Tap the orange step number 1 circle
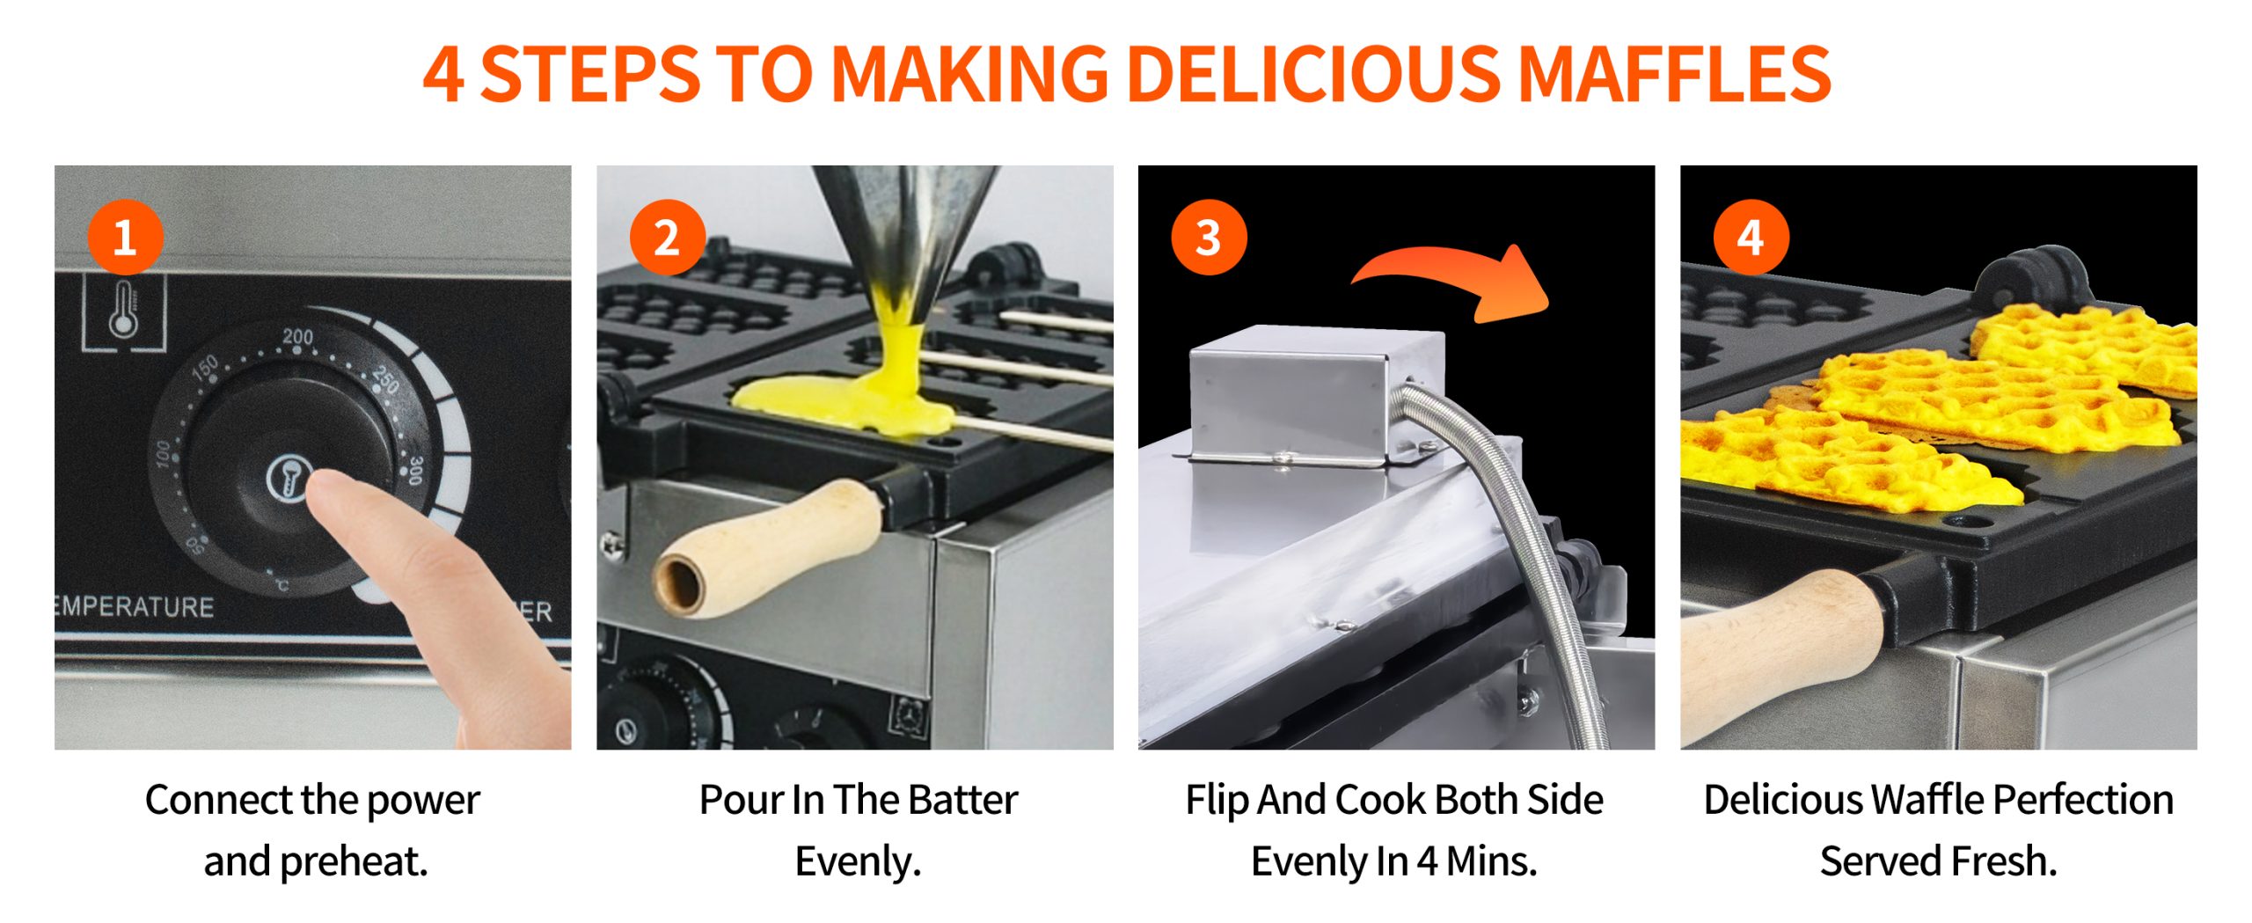coord(126,238)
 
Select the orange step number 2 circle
coord(668,238)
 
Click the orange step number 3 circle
coord(1209,238)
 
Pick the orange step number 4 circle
coord(1751,238)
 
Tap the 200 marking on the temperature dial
coord(297,337)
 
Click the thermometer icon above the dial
coord(124,310)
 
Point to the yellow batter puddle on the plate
coord(844,405)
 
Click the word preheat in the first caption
coord(353,862)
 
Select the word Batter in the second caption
coord(962,800)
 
